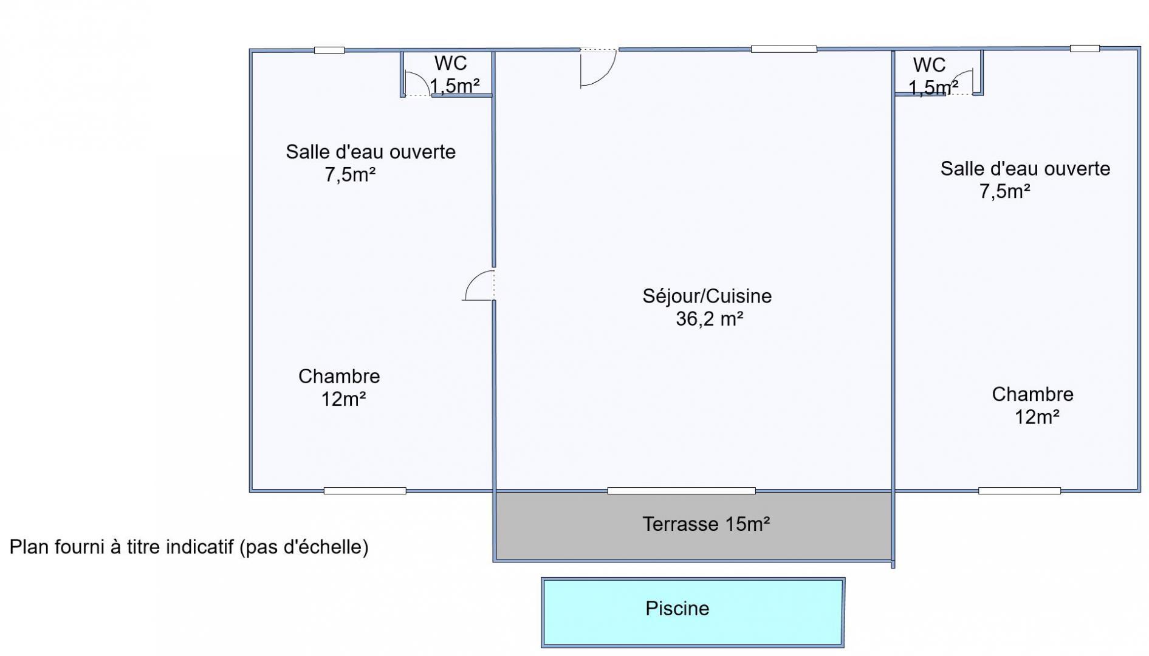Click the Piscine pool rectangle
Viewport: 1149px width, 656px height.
click(693, 612)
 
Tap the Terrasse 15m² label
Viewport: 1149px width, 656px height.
click(707, 524)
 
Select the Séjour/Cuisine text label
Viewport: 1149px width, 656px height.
click(707, 296)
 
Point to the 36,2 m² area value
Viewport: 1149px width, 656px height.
click(710, 319)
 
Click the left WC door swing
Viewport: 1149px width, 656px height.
click(416, 84)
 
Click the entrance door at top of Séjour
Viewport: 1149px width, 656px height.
click(599, 67)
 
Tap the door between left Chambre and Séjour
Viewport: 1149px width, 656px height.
click(479, 285)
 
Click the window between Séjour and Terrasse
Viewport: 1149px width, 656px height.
click(681, 491)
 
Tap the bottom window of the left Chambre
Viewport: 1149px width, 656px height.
click(365, 491)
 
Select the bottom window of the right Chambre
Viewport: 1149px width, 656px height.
click(1019, 491)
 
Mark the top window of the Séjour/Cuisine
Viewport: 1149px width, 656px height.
click(784, 49)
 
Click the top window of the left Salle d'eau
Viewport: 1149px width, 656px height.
click(329, 50)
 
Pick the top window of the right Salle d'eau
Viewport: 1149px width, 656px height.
click(1085, 49)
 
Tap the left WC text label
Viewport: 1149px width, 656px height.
click(451, 63)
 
